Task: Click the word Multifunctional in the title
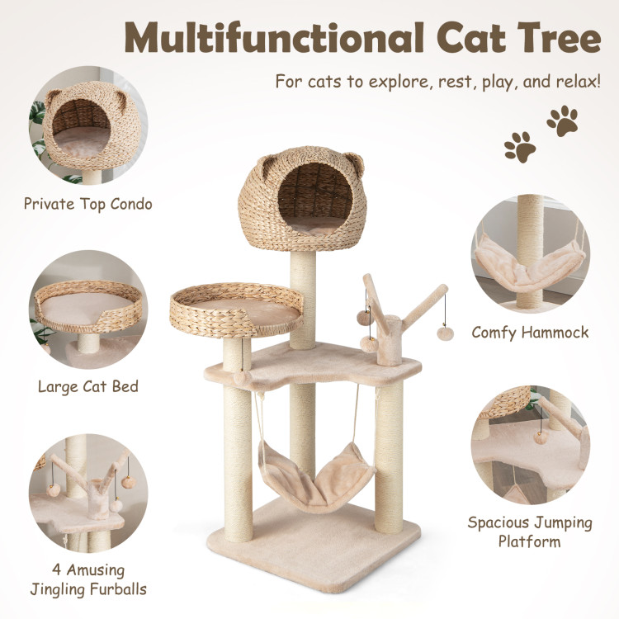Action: pos(274,37)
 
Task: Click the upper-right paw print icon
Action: pos(563,120)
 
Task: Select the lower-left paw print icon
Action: pos(520,147)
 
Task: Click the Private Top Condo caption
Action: pos(88,204)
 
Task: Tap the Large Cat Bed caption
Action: pos(88,386)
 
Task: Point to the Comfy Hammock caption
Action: pos(530,333)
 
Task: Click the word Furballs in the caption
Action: pos(118,589)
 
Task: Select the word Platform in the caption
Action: pos(529,541)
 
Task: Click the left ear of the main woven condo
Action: pos(267,166)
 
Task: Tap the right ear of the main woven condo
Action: pos(355,163)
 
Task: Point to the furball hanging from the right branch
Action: pos(446,333)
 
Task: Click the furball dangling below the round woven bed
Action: pos(240,377)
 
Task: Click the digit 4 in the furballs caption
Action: pos(56,569)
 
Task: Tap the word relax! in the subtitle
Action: pos(579,82)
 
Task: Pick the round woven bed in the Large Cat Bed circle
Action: pos(88,307)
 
